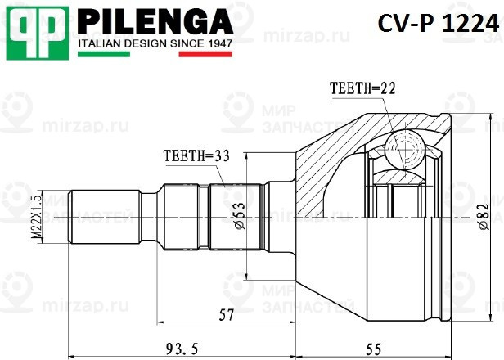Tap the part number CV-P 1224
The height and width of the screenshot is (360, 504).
pos(439,25)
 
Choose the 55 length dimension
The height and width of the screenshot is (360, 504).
pos(372,349)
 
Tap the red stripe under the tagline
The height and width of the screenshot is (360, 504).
pos(207,54)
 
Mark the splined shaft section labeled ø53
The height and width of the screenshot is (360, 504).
pos(236,217)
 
